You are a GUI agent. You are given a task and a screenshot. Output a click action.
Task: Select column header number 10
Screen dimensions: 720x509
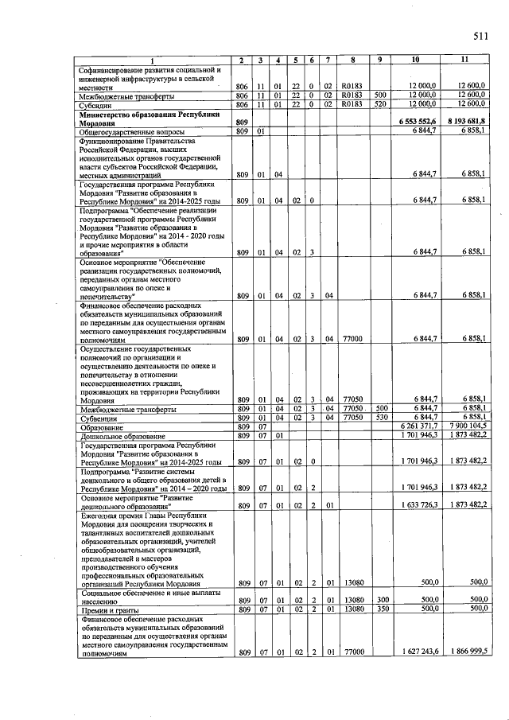tap(415, 60)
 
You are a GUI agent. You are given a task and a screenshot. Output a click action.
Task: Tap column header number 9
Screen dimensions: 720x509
tap(380, 60)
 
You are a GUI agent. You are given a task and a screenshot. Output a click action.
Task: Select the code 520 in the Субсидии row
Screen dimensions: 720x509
tap(380, 103)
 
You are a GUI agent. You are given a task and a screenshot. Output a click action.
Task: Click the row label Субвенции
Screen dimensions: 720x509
tap(99, 417)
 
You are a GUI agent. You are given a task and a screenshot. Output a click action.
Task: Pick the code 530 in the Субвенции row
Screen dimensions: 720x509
tap(381, 417)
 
